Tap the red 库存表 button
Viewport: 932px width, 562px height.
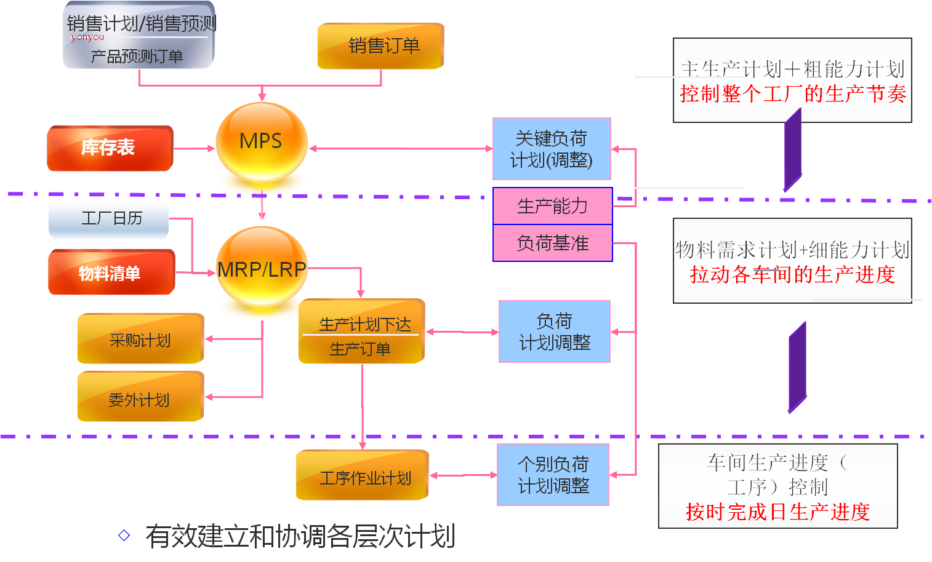(x=110, y=148)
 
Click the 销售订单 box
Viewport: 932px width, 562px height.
(x=380, y=46)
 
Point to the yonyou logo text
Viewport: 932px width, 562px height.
(x=87, y=37)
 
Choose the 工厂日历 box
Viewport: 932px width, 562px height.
(x=109, y=218)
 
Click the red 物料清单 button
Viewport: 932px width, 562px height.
(x=111, y=273)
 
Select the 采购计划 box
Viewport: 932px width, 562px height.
(x=140, y=339)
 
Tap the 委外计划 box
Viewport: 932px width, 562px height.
(x=140, y=398)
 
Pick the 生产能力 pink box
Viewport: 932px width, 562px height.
(x=552, y=206)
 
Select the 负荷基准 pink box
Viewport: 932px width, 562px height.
(x=552, y=243)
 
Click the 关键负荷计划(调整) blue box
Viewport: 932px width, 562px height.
(x=552, y=149)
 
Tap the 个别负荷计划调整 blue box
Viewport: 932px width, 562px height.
(x=553, y=475)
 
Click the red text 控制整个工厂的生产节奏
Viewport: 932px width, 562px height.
(x=793, y=94)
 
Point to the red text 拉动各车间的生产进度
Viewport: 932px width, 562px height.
(x=792, y=274)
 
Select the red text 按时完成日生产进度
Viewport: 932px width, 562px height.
(x=777, y=512)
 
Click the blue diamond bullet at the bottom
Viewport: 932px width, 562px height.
(x=124, y=536)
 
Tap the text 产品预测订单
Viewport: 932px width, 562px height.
(x=137, y=57)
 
